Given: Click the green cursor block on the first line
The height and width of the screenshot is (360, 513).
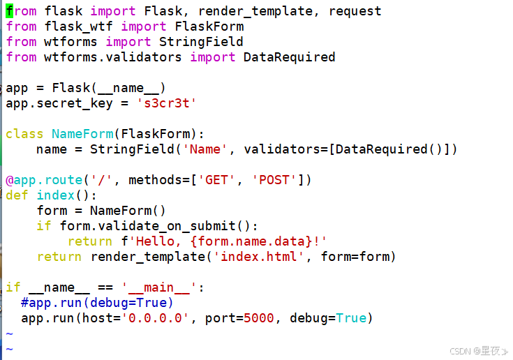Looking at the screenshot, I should tap(9, 10).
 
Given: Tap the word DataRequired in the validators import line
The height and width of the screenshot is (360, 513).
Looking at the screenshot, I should tap(289, 57).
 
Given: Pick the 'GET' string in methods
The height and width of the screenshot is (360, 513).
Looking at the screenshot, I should tap(216, 180).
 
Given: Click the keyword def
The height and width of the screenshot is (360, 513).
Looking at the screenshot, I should tap(17, 195).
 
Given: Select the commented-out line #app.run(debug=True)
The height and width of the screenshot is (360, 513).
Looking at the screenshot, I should tap(97, 303).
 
